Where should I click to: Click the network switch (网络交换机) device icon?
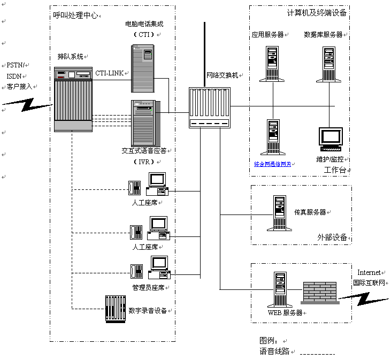tap(209, 107)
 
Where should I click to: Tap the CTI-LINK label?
tap(109, 73)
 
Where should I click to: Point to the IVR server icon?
tap(143, 123)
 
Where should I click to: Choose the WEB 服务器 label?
tap(285, 313)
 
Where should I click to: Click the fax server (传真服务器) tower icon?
tap(279, 213)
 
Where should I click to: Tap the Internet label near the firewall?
tap(369, 273)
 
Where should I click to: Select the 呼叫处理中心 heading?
tap(76, 16)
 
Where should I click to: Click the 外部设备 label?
tap(332, 237)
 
